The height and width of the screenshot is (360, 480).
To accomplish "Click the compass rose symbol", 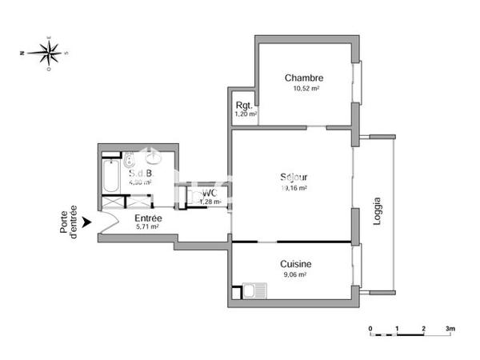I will [x=49, y=54].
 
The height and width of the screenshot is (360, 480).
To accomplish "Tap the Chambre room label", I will [x=303, y=78].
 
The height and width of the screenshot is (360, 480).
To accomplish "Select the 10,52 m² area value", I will [x=303, y=89].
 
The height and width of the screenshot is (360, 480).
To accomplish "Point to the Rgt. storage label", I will [x=244, y=106].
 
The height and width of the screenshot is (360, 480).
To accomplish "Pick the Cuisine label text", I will [x=295, y=264].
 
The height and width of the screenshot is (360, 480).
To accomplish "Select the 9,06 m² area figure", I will [x=295, y=274].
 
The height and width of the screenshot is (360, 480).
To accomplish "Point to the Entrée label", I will [x=148, y=218].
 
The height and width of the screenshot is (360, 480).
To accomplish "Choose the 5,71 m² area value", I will [x=148, y=227].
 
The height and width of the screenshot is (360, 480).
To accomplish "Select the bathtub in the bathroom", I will [x=110, y=176].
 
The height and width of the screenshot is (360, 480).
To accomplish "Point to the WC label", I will [x=209, y=193].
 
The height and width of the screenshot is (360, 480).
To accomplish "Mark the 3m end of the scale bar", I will [x=450, y=329].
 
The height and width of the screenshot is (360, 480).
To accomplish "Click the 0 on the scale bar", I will [x=370, y=329].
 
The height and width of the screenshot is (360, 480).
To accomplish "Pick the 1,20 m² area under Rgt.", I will [x=245, y=114].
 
